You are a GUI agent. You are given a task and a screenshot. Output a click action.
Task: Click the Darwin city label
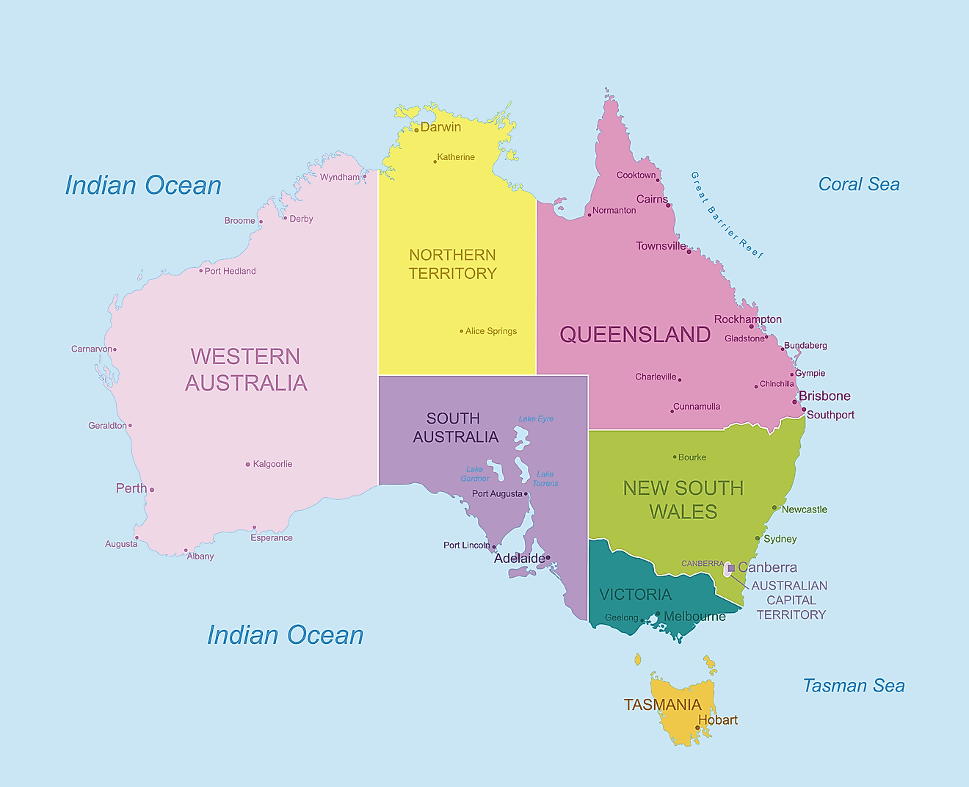click(440, 127)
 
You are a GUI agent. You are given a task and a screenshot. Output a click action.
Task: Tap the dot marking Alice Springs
click(462, 331)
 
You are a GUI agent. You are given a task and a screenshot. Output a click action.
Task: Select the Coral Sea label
click(859, 184)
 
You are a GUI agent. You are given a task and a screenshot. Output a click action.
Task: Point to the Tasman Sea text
click(853, 686)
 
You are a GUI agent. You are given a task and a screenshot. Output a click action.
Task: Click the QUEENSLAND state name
click(635, 335)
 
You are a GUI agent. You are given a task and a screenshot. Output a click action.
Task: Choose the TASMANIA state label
click(662, 705)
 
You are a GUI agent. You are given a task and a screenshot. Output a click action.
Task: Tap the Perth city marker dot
click(152, 490)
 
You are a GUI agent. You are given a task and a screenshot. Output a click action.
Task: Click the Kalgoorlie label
click(272, 464)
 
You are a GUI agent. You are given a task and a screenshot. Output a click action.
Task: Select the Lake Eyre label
click(536, 418)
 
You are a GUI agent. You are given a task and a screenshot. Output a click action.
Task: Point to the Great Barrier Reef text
click(726, 215)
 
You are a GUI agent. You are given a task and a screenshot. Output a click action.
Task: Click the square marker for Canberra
click(731, 568)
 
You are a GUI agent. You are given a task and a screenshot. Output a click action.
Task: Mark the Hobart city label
click(718, 720)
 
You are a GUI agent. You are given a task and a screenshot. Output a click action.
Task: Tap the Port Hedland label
click(230, 271)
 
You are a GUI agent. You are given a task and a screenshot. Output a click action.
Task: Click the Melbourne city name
click(694, 617)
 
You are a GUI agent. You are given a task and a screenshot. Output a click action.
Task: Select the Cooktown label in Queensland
click(636, 175)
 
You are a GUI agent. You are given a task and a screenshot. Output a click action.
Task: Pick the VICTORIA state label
click(635, 595)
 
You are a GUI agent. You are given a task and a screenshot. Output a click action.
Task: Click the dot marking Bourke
click(675, 457)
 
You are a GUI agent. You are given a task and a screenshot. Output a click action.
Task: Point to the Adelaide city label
click(519, 559)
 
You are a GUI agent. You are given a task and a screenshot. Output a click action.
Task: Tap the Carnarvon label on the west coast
click(91, 349)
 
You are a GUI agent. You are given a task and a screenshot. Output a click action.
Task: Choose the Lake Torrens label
click(545, 479)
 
